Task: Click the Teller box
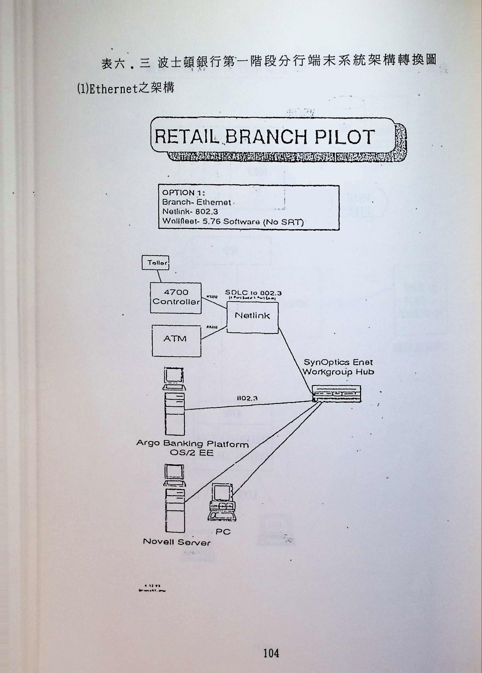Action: pyautogui.click(x=155, y=263)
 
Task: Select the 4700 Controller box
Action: pyautogui.click(x=176, y=298)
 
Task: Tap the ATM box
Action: pyautogui.click(x=176, y=341)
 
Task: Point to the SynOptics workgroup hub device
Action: pyautogui.click(x=337, y=394)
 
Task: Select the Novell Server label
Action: pyautogui.click(x=176, y=542)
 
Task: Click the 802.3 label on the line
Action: pyautogui.click(x=247, y=398)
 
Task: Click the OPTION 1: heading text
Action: pyautogui.click(x=183, y=193)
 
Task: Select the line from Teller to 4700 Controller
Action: pyautogui.click(x=159, y=276)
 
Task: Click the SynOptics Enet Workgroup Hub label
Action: pyautogui.click(x=338, y=367)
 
